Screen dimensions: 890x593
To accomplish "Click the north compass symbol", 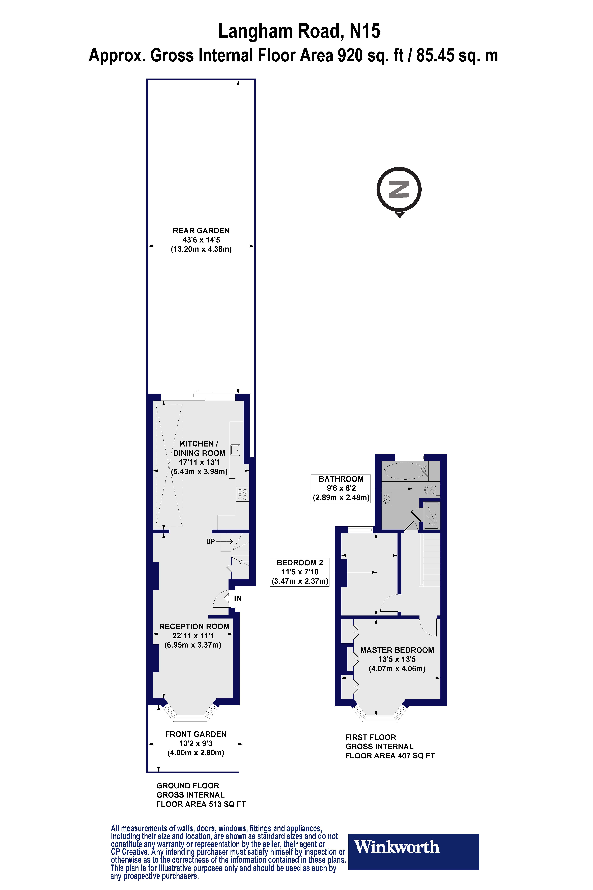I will tap(399, 190).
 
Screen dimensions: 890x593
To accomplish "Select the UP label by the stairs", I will tap(210, 541).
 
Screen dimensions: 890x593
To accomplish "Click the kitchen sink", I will tap(236, 450).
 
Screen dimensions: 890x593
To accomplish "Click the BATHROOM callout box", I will tap(341, 488).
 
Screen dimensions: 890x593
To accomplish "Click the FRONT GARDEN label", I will tap(195, 734).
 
